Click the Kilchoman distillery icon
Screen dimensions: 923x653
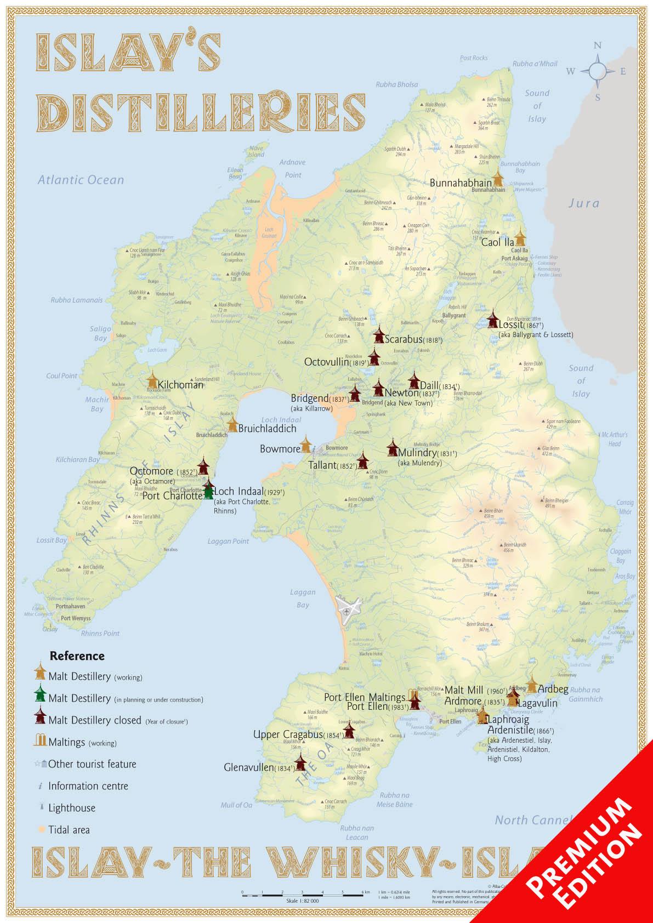[x=152, y=381]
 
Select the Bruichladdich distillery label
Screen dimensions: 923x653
[x=267, y=428]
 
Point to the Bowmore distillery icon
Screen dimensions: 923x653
[x=306, y=445]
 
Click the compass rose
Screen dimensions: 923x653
[x=598, y=71]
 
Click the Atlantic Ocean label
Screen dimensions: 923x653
[x=81, y=180]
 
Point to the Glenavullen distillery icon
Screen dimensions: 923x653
[x=300, y=762]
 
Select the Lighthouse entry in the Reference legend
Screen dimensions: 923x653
[x=71, y=807]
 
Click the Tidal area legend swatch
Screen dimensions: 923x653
[x=40, y=829]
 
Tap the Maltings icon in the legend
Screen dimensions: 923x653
[x=39, y=742]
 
